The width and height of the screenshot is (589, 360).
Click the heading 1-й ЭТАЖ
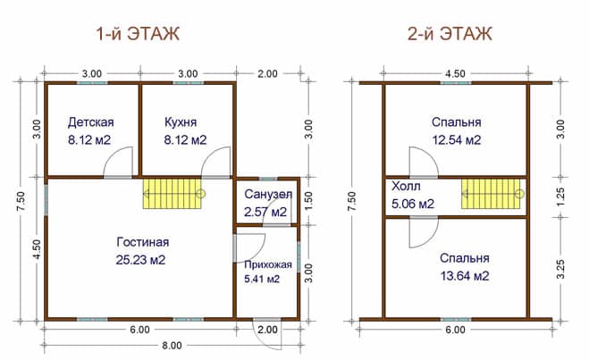pos(138,34)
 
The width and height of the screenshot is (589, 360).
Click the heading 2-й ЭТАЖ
pos(450,34)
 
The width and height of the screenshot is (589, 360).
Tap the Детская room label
pos(91,122)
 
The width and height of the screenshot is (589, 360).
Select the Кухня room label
pos(181,122)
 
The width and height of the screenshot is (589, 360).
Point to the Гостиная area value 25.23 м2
pos(140,260)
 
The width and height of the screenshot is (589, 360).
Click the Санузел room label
pos(268,194)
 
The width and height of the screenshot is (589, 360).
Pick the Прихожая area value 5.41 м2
pos(262,279)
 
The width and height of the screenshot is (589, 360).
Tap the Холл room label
pos(406,186)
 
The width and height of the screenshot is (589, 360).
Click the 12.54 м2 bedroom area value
pos(457,140)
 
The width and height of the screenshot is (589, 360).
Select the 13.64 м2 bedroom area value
pos(465,276)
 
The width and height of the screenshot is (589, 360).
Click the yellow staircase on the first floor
pos(172,194)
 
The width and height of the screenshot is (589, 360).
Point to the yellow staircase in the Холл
pos(491,194)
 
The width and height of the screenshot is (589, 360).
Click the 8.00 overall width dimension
pos(172,346)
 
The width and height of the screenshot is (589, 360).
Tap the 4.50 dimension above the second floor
pos(455,73)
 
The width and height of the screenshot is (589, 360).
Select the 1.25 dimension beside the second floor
pos(560,197)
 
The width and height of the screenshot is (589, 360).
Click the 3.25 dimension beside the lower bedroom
pos(560,269)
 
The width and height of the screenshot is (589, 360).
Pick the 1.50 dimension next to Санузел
pos(308,201)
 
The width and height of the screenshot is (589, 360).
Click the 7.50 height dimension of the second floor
pos(352,201)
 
